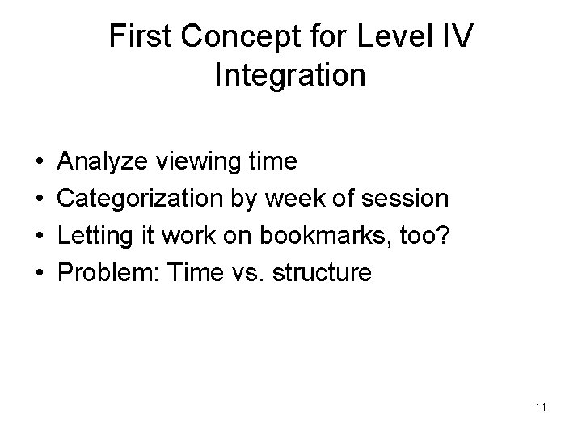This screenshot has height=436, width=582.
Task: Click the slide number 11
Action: (540, 408)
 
